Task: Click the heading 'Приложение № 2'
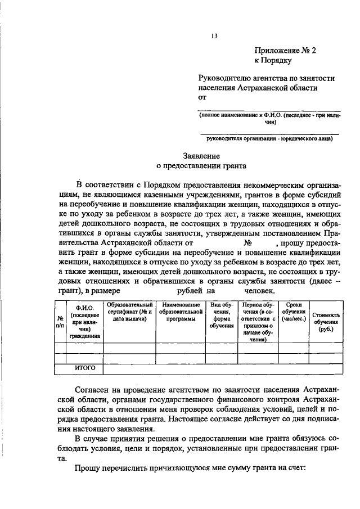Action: pos(285,50)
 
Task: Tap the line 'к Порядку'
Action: pos(272,60)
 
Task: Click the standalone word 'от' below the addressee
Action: pos(202,97)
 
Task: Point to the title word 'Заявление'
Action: pos(201,156)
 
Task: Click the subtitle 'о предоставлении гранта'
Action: pos(201,166)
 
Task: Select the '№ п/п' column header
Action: pos(60,322)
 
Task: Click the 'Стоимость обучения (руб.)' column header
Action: pos(326,322)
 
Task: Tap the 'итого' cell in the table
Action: pos(85,368)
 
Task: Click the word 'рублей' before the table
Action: pos(190,291)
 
